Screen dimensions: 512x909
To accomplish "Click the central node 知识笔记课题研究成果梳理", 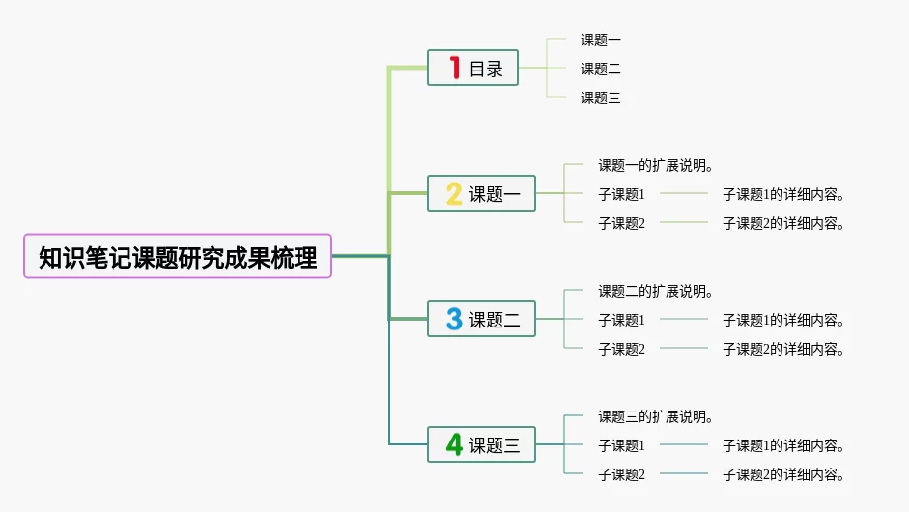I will pyautogui.click(x=178, y=257).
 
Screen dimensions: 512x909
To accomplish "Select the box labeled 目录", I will pyautogui.click(x=473, y=69).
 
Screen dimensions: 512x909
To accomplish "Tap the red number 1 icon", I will pyautogui.click(x=454, y=68).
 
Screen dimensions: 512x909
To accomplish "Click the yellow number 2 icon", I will pyautogui.click(x=454, y=194).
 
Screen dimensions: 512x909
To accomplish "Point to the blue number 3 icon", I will pyautogui.click(x=454, y=320).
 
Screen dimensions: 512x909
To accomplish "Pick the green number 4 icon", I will pyautogui.click(x=454, y=445).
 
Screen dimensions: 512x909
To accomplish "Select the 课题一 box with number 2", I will pyautogui.click(x=481, y=194).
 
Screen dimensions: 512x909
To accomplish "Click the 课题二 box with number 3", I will pyautogui.click(x=481, y=320).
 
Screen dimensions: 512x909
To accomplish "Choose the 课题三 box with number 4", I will pyautogui.click(x=481, y=445).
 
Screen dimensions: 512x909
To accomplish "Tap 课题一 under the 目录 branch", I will pyautogui.click(x=600, y=40).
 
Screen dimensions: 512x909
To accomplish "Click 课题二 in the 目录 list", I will pyautogui.click(x=600, y=69).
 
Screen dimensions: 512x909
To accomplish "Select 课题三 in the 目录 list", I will pyautogui.click(x=600, y=98).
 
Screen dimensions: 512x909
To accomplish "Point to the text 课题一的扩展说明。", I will pyautogui.click(x=656, y=165).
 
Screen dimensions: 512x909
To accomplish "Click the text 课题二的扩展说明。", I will pyautogui.click(x=656, y=291).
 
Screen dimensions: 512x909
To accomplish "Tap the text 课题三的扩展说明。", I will pyautogui.click(x=656, y=416).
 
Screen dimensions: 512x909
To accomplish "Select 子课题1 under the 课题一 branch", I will pyautogui.click(x=621, y=194).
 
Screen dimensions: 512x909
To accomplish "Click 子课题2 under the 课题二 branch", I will pyautogui.click(x=621, y=349).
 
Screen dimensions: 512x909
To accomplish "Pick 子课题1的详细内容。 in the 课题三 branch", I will pyautogui.click(x=784, y=445).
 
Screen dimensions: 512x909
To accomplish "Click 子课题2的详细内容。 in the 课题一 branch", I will pyautogui.click(x=784, y=223).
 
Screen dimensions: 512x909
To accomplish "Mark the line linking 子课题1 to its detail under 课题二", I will pyautogui.click(x=684, y=320).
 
